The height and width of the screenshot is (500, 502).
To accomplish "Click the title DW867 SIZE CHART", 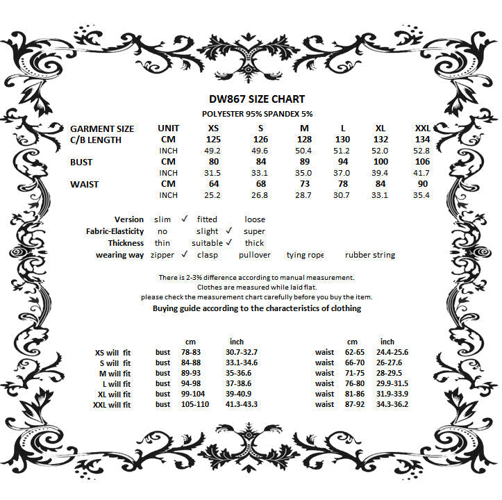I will click(x=256, y=99).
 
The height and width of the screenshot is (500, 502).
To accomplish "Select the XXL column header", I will click(x=422, y=128).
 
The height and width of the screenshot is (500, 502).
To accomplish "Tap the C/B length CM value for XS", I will click(x=212, y=140).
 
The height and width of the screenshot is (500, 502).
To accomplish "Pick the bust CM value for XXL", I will click(x=422, y=162).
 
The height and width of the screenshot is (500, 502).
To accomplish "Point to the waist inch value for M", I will click(x=303, y=195).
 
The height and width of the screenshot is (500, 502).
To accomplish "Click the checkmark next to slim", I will click(x=185, y=219).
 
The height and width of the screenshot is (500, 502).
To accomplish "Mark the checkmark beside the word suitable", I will click(x=228, y=242).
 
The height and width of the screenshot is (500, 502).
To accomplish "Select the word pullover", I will click(x=255, y=255).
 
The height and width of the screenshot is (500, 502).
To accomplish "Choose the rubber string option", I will click(x=370, y=255).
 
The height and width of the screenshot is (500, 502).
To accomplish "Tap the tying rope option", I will click(x=305, y=255).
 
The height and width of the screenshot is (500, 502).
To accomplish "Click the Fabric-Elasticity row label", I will click(x=115, y=231).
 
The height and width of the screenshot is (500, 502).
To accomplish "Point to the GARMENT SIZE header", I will click(x=102, y=128).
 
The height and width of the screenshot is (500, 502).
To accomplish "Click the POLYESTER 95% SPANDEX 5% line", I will click(x=256, y=113).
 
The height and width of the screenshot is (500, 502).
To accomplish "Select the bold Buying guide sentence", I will click(x=256, y=308).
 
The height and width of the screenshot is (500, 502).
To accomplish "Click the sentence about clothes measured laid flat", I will click(x=256, y=287).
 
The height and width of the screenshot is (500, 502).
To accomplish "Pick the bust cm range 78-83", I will click(x=191, y=352).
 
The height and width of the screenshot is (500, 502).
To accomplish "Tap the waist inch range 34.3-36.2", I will click(x=392, y=404).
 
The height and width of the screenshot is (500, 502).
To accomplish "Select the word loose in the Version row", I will click(x=255, y=219).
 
